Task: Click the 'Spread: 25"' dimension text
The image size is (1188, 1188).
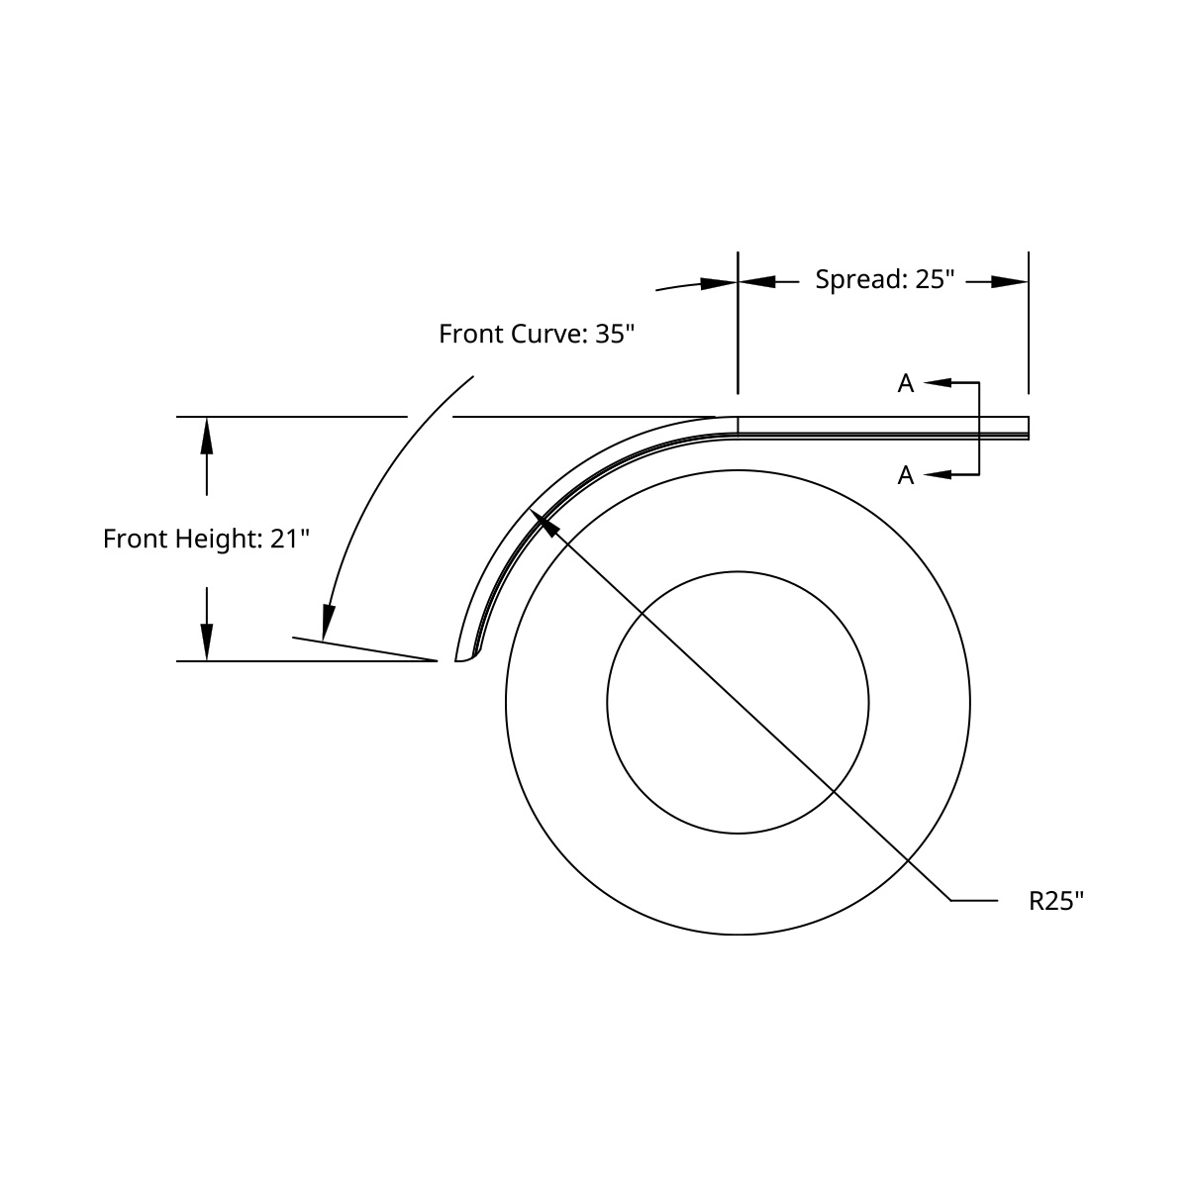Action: [884, 279]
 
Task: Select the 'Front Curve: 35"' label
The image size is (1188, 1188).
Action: [536, 334]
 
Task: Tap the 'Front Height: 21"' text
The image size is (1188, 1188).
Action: [207, 540]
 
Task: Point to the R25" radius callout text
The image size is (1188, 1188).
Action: [1056, 901]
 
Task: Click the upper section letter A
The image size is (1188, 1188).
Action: [906, 384]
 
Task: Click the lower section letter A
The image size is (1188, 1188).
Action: [906, 476]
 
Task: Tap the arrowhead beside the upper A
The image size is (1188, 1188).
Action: [938, 382]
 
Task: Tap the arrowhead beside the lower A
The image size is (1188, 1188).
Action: [938, 475]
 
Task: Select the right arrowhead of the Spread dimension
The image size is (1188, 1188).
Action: [1011, 282]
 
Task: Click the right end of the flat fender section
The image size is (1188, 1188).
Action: [1027, 428]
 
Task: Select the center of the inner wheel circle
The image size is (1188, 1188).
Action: [738, 703]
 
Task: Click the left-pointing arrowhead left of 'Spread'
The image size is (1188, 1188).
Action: [756, 282]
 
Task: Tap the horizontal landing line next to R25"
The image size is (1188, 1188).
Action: [974, 901]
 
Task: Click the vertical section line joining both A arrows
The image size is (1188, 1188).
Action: [979, 429]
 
